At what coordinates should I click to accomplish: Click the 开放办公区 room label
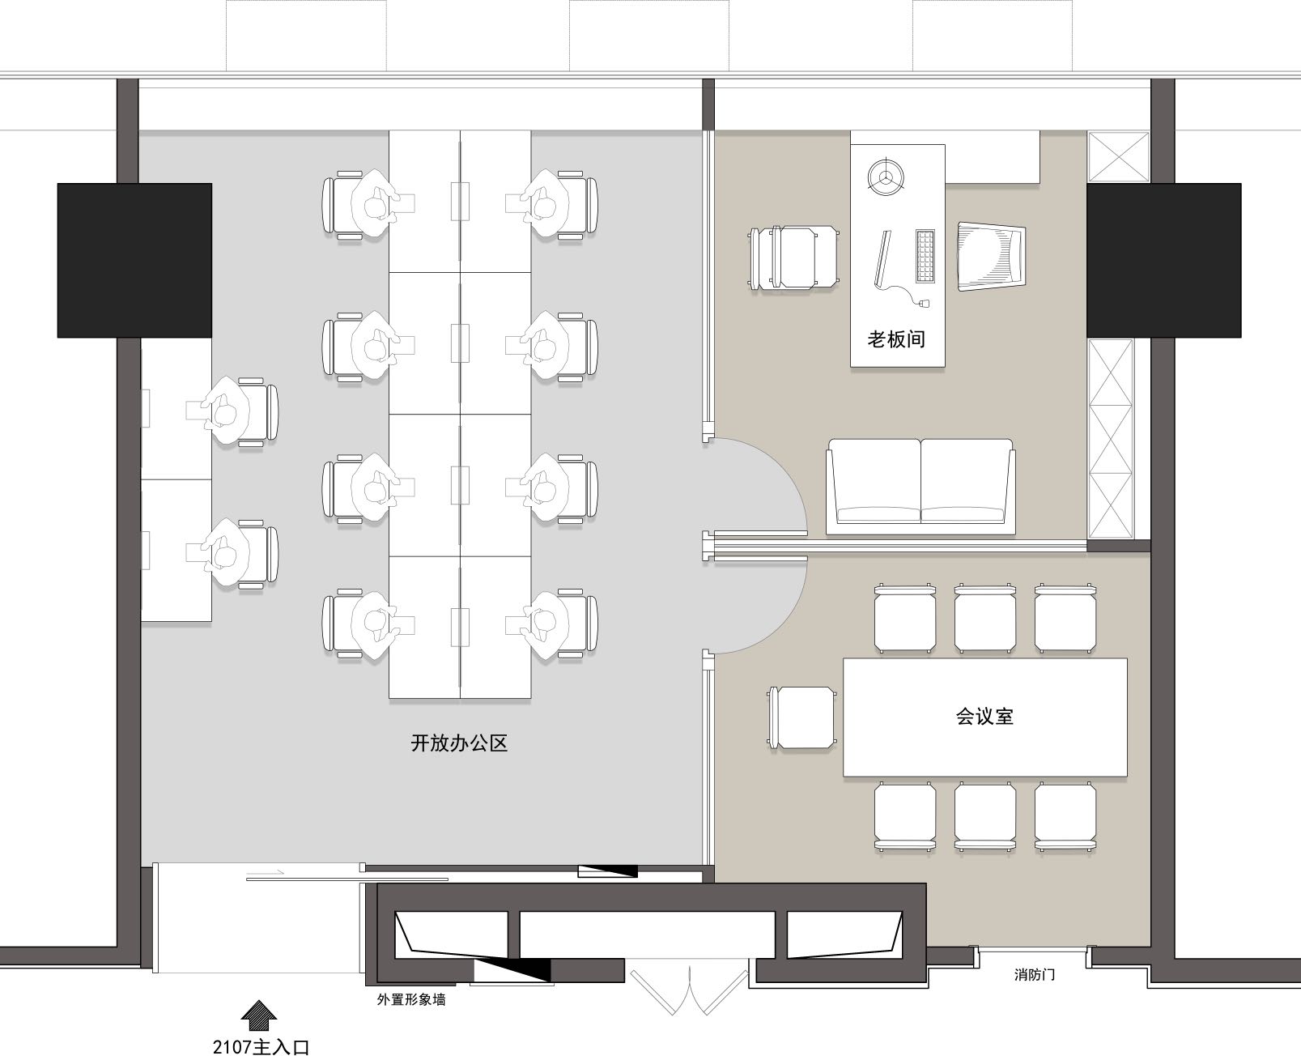[459, 743]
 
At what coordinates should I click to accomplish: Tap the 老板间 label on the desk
[897, 339]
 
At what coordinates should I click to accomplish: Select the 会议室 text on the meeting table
[984, 716]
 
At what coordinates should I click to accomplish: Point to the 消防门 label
[1035, 974]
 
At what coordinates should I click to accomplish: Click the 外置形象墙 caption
[411, 999]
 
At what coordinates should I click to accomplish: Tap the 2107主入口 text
[261, 1046]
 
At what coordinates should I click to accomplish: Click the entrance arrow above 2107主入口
[259, 1015]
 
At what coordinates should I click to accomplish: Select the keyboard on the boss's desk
[925, 256]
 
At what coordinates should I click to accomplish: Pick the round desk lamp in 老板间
[886, 177]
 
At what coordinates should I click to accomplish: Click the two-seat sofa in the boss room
[920, 487]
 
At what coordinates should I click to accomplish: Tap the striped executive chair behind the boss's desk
[991, 257]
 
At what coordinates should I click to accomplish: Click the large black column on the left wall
[134, 260]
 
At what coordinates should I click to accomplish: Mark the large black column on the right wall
[1163, 260]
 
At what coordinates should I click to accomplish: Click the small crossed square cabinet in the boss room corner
[1118, 157]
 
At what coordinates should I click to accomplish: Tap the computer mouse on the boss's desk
[925, 303]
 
